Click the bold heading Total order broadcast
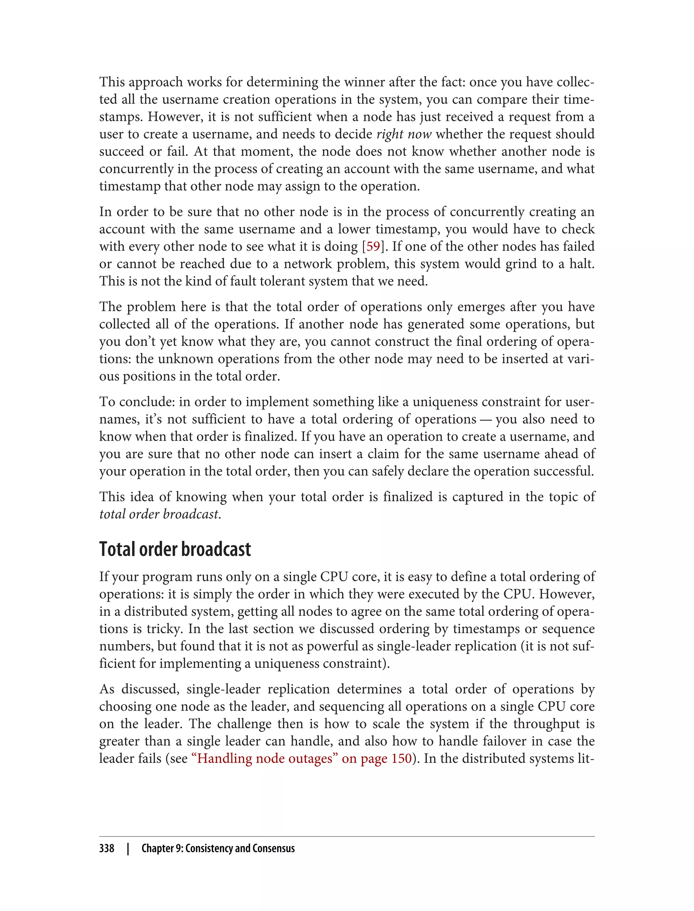pos(175,549)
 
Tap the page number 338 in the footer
pos(107,848)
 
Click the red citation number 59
pos(373,246)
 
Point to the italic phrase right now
pos(404,134)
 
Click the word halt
pos(581,264)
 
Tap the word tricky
pos(164,628)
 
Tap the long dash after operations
pos(486,419)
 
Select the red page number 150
pos(402,758)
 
